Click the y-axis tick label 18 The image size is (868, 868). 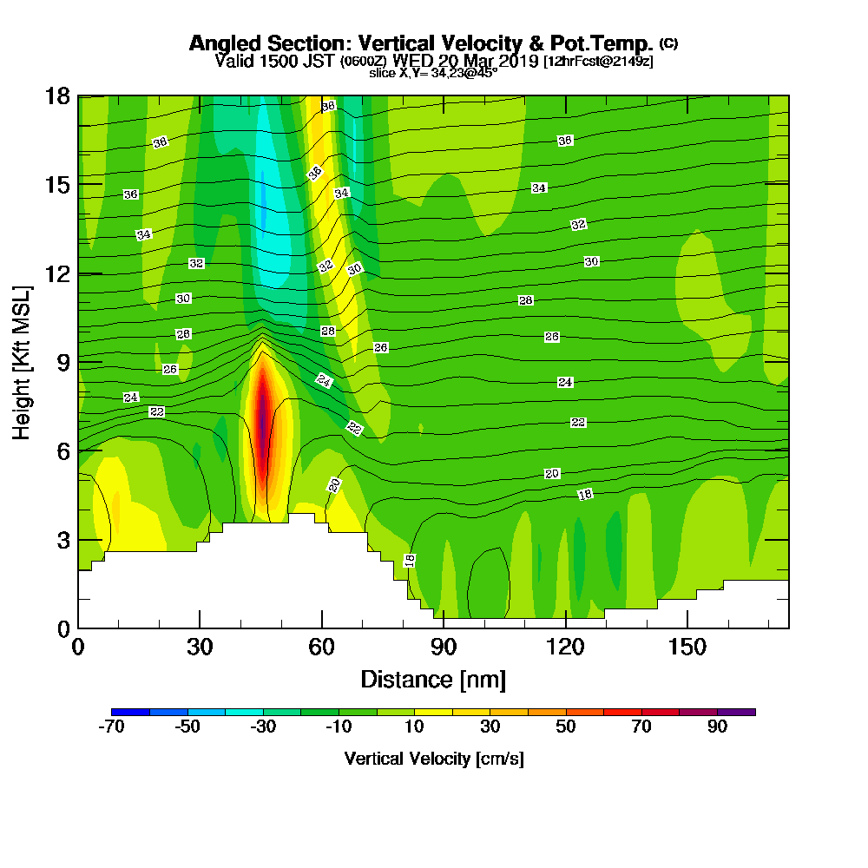pyautogui.click(x=57, y=95)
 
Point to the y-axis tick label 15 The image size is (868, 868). pyautogui.click(x=57, y=185)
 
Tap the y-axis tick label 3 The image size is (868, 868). pyautogui.click(x=62, y=540)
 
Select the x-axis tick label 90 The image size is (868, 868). pyautogui.click(x=444, y=647)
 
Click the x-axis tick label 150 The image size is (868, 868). pyautogui.click(x=687, y=647)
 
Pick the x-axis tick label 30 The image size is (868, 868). pyautogui.click(x=200, y=647)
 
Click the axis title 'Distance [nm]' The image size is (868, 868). pyautogui.click(x=433, y=679)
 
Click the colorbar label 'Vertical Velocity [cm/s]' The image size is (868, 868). pyautogui.click(x=433, y=759)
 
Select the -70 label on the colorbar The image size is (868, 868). pyautogui.click(x=113, y=727)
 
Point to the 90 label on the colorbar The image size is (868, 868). pyautogui.click(x=717, y=727)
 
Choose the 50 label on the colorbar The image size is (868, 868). pyautogui.click(x=566, y=727)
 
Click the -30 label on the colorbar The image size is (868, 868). pyautogui.click(x=263, y=727)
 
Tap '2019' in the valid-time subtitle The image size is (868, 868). pyautogui.click(x=517, y=61)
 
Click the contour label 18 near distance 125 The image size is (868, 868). pyautogui.click(x=585, y=494)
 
